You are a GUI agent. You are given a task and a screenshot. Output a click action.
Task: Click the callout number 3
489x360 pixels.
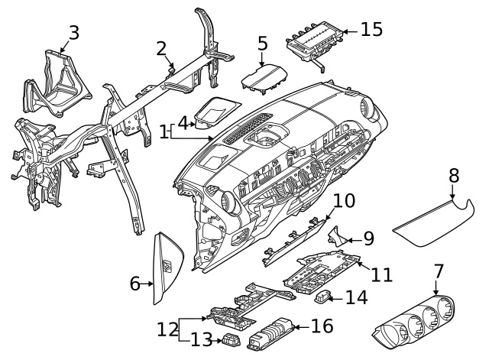click(x=73, y=32)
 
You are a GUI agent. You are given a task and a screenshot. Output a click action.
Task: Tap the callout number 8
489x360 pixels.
click(x=453, y=175)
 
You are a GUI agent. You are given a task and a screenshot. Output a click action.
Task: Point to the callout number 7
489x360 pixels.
click(x=438, y=271)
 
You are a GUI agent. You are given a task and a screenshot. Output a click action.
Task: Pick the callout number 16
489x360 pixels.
click(x=322, y=326)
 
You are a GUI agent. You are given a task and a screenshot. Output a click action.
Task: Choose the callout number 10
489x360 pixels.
click(x=344, y=201)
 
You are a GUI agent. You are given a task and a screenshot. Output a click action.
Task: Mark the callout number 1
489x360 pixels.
click(x=164, y=132)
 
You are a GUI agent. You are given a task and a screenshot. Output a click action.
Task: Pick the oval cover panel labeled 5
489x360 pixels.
click(x=262, y=78)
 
